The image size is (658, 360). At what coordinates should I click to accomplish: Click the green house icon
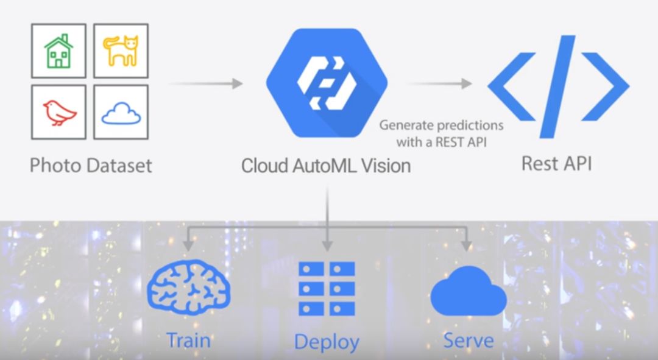click(x=58, y=51)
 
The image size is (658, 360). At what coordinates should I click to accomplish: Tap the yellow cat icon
click(x=121, y=51)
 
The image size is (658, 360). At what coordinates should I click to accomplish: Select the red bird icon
click(x=58, y=112)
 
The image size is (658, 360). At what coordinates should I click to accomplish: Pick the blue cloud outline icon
click(x=121, y=113)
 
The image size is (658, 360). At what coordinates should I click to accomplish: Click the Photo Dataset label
click(x=91, y=165)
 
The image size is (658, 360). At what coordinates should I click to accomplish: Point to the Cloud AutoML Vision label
click(x=326, y=166)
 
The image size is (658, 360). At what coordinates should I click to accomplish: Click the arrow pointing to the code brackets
click(x=440, y=83)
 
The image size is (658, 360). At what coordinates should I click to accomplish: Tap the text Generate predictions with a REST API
click(x=442, y=133)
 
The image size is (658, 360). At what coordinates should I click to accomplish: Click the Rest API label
click(x=556, y=164)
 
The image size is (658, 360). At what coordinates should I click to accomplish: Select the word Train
click(x=188, y=339)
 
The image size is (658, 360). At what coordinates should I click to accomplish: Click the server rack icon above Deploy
click(x=327, y=288)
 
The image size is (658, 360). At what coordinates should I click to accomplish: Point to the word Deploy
click(x=327, y=341)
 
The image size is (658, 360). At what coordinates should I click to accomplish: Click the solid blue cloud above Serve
click(x=468, y=291)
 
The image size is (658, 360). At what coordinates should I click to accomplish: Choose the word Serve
click(x=468, y=339)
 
